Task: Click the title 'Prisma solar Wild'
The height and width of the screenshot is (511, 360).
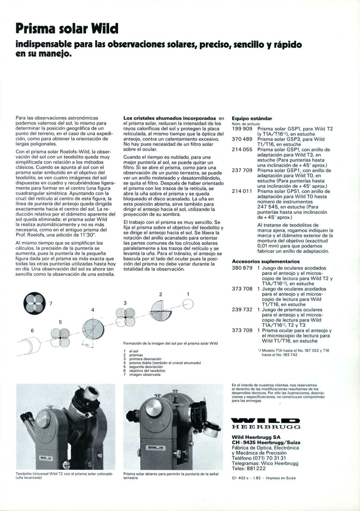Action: pyautogui.click(x=67, y=29)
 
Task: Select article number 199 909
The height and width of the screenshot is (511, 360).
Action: pyautogui.click(x=242, y=129)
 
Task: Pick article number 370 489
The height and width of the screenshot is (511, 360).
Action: pyautogui.click(x=242, y=139)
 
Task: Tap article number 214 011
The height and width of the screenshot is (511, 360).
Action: pyautogui.click(x=242, y=191)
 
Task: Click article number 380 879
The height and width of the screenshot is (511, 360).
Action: pyautogui.click(x=242, y=268)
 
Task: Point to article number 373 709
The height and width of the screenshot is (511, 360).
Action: pyautogui.click(x=242, y=331)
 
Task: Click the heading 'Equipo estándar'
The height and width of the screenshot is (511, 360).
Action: pyautogui.click(x=252, y=119)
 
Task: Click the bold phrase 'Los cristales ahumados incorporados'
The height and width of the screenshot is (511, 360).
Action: pyautogui.click(x=169, y=119)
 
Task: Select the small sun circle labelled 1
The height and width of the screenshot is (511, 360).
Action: pyautogui.click(x=188, y=304)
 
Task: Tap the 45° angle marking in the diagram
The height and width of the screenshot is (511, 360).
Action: pyautogui.click(x=87, y=345)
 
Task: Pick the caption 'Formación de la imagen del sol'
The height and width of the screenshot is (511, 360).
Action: pyautogui.click(x=170, y=343)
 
